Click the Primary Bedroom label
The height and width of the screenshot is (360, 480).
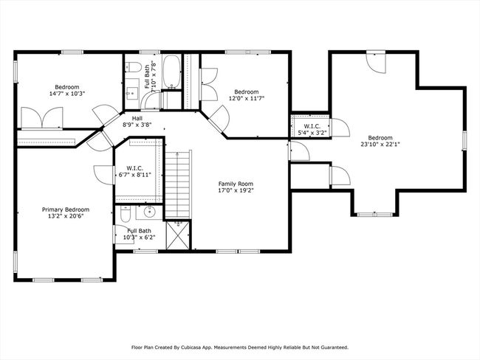click(66, 210)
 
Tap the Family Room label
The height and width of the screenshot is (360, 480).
click(236, 184)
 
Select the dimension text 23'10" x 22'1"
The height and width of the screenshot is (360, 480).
click(380, 144)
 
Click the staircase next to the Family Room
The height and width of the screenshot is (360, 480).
click(178, 184)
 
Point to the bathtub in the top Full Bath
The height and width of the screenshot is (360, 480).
click(172, 72)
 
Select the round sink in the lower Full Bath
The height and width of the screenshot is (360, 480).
click(149, 212)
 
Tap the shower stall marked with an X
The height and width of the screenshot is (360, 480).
click(178, 235)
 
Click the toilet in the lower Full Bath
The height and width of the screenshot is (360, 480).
click(126, 213)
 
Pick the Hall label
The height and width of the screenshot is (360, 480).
click(137, 118)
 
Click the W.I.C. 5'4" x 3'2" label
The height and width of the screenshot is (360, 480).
click(312, 129)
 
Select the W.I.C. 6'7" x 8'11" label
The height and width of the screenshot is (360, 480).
click(134, 172)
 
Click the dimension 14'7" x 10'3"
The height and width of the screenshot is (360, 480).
click(67, 94)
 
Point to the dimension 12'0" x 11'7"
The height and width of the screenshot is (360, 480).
click(247, 98)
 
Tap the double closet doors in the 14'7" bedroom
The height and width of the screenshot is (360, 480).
click(42, 118)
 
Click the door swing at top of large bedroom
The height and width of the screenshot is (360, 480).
click(377, 63)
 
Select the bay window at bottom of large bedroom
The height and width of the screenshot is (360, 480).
click(375, 215)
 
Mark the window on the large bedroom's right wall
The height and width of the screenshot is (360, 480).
click(464, 141)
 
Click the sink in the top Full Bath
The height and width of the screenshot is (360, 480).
click(132, 91)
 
